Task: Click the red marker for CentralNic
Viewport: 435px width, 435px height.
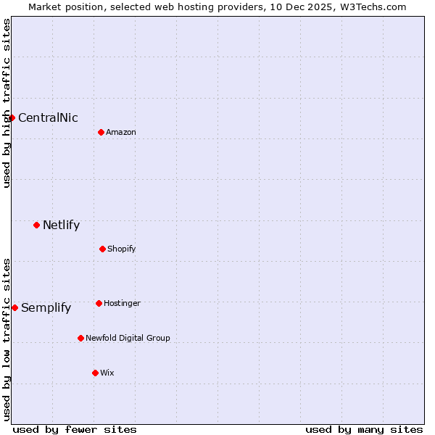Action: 12,117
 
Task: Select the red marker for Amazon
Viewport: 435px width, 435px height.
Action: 101,132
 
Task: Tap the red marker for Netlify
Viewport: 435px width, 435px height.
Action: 36,225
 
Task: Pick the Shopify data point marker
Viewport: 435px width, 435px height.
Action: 102,249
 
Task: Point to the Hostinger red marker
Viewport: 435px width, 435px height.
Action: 99,303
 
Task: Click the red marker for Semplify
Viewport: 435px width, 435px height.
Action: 14,307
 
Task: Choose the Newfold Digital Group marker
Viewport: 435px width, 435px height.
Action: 80,338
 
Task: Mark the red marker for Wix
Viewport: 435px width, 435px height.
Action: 95,373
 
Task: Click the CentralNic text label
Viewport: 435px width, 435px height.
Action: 48,118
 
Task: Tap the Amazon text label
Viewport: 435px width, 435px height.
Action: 121,133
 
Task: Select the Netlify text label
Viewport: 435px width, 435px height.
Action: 61,225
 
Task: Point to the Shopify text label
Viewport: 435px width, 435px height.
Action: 122,249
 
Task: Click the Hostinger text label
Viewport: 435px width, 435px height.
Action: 122,303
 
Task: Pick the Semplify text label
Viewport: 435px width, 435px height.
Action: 46,308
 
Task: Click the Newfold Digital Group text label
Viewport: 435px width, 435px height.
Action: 128,339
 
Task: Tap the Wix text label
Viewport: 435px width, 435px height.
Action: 107,373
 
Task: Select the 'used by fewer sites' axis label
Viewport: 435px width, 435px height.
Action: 75,429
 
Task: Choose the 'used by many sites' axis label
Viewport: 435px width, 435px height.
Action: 364,429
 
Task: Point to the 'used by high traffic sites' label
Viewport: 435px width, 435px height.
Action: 7,104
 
